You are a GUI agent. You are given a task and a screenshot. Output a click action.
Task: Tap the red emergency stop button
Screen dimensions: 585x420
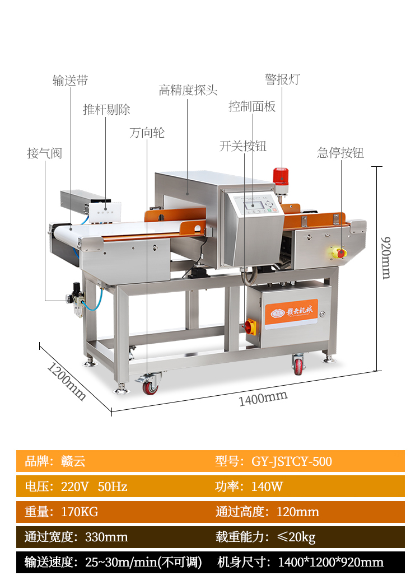[x=340, y=253]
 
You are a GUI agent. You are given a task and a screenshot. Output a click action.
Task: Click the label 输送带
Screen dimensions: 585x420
[x=70, y=81]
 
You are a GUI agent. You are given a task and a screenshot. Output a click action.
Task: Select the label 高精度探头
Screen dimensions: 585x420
[x=188, y=90]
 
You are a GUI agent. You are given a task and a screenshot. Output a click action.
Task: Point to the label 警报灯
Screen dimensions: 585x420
[x=282, y=79]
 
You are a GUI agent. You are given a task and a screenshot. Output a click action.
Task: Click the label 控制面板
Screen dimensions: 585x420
[x=252, y=106]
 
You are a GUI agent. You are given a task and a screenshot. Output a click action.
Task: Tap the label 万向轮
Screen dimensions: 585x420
[x=147, y=133]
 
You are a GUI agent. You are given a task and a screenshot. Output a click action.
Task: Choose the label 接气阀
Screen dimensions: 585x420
[x=45, y=153]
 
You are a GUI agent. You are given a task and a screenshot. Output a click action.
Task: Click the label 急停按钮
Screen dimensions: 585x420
[x=340, y=152]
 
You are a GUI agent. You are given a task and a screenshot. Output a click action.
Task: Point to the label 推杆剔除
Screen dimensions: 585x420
[x=106, y=109]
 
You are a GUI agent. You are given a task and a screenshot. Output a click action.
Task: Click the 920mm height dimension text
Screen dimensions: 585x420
[x=385, y=257]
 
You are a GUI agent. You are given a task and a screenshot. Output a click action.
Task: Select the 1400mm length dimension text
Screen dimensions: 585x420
[x=263, y=398]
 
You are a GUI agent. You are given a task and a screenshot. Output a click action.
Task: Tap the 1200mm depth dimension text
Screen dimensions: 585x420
[x=66, y=382]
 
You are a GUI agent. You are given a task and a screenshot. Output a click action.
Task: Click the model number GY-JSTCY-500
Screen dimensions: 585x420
[x=291, y=461]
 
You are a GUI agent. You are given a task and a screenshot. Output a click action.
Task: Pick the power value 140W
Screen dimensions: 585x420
[x=267, y=486]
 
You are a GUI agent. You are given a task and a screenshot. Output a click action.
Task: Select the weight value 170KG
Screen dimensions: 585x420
[x=79, y=512]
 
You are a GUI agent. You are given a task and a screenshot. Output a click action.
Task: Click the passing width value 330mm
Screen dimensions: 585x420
[x=106, y=537]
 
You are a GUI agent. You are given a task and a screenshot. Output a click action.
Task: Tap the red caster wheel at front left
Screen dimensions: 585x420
[x=150, y=386]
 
